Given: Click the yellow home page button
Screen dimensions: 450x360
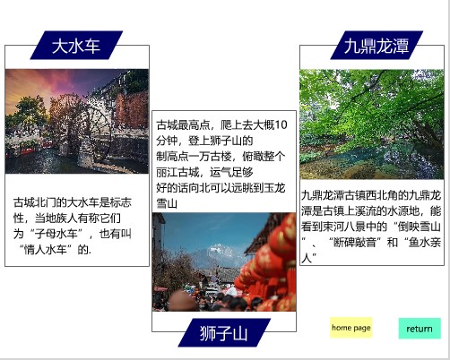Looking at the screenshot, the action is point(351,328).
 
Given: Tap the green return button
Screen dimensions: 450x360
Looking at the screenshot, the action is point(420,329).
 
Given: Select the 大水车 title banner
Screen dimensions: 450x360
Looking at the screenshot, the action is point(76,45).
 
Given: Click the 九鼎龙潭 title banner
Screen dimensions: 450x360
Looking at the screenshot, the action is point(376,45).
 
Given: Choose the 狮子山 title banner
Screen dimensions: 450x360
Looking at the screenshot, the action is point(224,332).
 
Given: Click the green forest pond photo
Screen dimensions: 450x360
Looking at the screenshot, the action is point(372,124).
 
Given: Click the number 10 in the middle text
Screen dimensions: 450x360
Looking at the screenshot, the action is point(281,124).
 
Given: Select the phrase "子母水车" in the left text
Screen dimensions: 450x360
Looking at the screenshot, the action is point(56,234).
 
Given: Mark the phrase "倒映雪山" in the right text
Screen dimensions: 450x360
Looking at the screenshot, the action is point(420,227).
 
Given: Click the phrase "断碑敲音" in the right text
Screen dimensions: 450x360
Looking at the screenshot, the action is point(355,242).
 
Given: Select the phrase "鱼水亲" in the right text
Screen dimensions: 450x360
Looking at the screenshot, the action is point(425,242).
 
